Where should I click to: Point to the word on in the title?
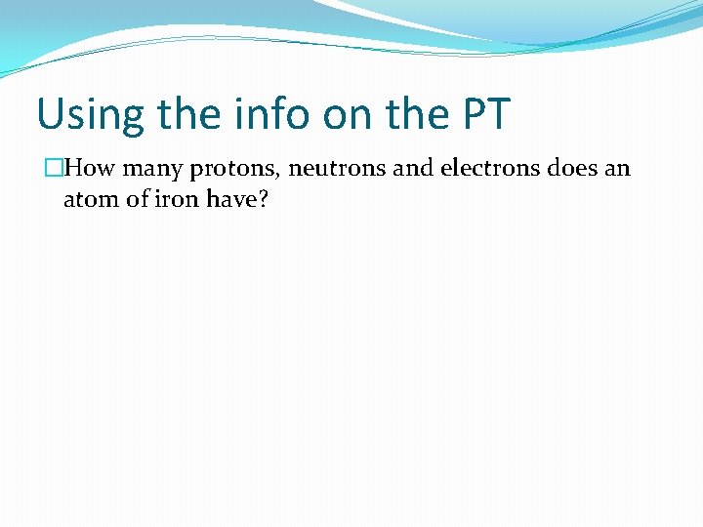348,114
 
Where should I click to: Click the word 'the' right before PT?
415,114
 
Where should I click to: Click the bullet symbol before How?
55,169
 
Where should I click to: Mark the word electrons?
488,169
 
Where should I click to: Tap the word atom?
88,200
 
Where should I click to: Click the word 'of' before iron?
135,200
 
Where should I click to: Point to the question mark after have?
263,200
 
